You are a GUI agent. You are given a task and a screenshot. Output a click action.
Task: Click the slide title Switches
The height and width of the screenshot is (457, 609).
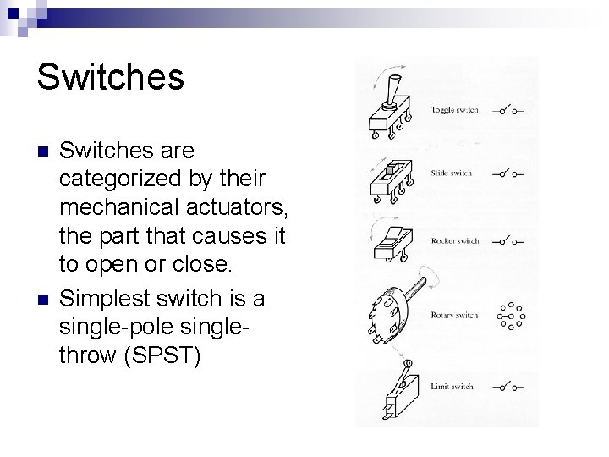110,76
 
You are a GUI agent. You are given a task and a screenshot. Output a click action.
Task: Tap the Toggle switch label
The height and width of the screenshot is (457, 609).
454,110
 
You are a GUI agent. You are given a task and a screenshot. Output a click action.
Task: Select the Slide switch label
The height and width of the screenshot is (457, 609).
451,173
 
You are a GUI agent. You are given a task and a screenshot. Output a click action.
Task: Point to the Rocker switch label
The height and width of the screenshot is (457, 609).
455,241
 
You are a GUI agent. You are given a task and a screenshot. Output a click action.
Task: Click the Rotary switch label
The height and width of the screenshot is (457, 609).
454,316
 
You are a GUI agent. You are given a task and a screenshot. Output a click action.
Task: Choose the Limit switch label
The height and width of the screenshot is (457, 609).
452,387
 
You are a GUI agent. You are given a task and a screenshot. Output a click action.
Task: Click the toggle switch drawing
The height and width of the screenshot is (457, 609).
391,110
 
